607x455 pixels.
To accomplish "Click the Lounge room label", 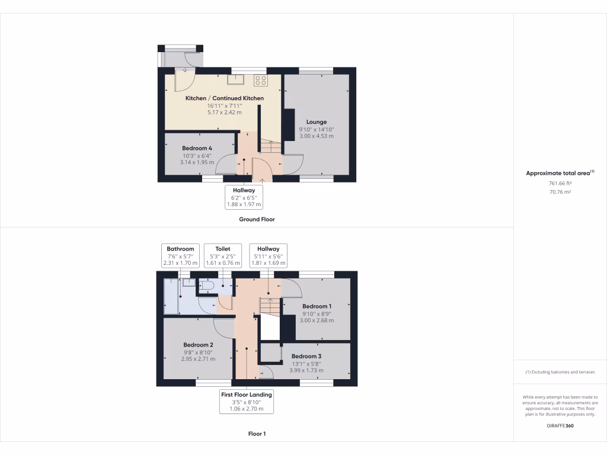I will (317, 122).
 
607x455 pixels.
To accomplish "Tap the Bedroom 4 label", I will (197, 148).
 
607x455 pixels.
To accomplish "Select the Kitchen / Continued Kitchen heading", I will (225, 98).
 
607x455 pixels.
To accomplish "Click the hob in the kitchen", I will (261, 79).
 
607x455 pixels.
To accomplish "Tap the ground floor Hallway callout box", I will (244, 197).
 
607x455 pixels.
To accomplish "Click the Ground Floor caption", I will (257, 219).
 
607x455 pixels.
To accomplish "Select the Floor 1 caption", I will (257, 434).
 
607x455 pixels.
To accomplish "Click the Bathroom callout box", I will (180, 256).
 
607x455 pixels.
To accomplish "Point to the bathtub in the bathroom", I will (171, 296).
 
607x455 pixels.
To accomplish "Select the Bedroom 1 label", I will (317, 306).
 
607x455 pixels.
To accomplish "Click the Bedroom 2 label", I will (198, 345).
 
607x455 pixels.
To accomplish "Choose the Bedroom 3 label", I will (306, 356).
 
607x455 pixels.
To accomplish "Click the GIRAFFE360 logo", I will (560, 425).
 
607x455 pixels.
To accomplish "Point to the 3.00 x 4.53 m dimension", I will (317, 136).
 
